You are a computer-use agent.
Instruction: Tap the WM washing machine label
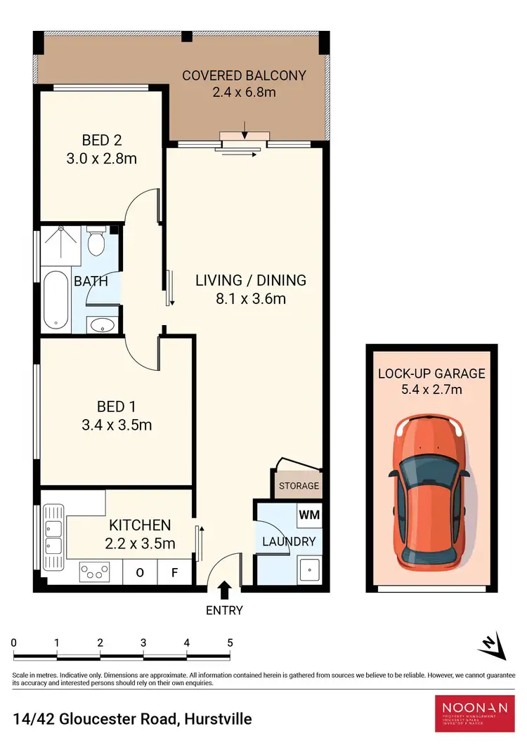[309, 515]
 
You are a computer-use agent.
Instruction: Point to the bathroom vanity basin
[103, 326]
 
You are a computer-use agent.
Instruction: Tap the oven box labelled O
[140, 572]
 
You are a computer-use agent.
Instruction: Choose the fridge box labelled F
[174, 572]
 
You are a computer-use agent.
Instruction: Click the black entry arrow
[224, 588]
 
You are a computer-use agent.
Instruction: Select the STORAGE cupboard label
[299, 486]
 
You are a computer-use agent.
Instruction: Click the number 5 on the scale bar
[230, 642]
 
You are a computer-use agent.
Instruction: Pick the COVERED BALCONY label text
[244, 75]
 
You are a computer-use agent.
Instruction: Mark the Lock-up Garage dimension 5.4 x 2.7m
[431, 390]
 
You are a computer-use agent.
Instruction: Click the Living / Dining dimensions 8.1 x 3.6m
[250, 298]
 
